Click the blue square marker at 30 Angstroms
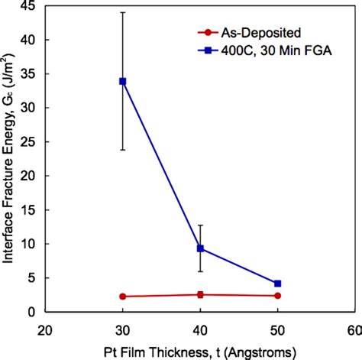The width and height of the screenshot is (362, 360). point(123,81)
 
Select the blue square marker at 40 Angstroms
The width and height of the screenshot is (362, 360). point(200,248)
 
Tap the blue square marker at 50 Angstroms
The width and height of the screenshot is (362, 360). point(277,284)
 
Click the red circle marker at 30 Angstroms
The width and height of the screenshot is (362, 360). point(123,297)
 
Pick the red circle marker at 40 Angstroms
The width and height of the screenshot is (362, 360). point(200,295)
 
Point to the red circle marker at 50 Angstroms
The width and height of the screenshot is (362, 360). point(277,296)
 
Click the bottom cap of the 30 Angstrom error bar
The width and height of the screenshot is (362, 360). point(123,150)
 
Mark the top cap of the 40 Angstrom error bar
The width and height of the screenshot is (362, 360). point(200,225)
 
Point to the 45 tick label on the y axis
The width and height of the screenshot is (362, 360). point(30,6)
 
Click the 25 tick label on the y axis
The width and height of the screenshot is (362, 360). point(30,142)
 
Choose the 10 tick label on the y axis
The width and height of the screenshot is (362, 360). point(30,245)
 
